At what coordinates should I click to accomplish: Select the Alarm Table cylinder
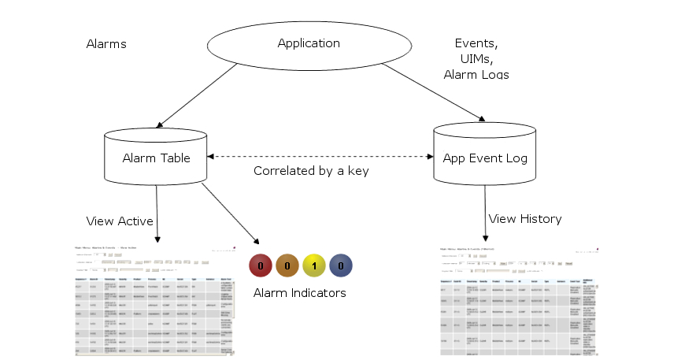156,158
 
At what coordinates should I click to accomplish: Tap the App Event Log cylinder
485,158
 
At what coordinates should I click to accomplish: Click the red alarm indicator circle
261,266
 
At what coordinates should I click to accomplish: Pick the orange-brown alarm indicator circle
287,266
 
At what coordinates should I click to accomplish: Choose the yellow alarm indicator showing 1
314,266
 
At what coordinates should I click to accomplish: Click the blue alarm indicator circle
340,266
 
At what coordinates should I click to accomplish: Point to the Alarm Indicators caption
300,293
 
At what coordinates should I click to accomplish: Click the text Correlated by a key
311,171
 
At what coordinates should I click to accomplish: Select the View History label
525,218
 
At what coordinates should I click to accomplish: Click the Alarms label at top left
106,44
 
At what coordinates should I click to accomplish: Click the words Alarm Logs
476,75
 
